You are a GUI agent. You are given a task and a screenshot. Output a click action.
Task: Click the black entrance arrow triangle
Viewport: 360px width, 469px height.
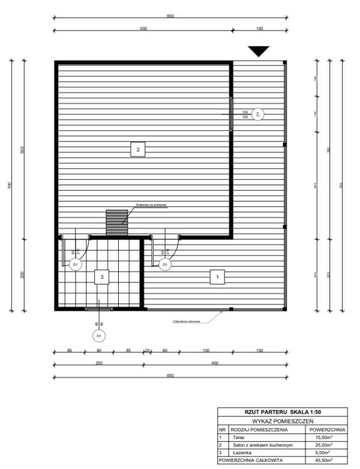coord(259,52)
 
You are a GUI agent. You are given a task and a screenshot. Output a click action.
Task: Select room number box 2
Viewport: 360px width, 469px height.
coord(138,149)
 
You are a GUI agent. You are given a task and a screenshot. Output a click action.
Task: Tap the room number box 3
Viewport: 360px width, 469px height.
coord(103,276)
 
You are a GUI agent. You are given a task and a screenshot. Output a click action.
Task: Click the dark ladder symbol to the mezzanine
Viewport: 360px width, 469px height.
coord(114,223)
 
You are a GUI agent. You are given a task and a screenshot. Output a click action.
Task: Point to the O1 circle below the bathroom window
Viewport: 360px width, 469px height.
coord(99,336)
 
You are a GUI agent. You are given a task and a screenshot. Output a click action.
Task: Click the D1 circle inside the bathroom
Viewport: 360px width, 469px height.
coord(76,264)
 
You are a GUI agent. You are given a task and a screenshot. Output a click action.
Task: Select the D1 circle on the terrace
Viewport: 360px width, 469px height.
coord(164,264)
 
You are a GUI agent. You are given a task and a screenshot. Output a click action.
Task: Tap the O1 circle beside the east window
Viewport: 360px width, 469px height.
coord(258,113)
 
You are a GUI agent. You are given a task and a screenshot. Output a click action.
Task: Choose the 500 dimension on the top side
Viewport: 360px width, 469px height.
coord(143,28)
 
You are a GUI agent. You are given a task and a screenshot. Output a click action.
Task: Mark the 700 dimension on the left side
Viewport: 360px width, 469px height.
coord(9,186)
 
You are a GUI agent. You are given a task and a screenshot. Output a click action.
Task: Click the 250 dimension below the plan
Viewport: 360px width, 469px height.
coord(98,362)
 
